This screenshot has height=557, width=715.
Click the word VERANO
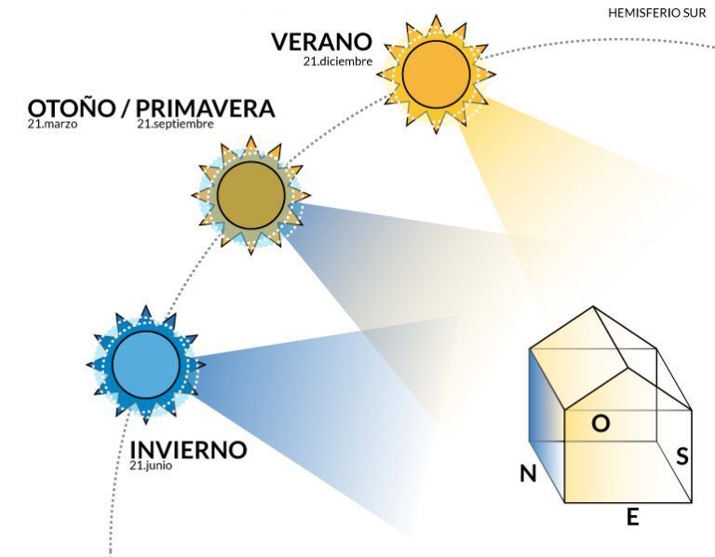click(x=322, y=42)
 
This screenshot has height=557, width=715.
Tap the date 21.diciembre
click(x=338, y=61)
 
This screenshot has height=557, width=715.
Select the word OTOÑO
click(x=72, y=108)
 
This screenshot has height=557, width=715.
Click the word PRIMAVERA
click(x=205, y=109)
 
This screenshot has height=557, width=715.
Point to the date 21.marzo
click(x=52, y=124)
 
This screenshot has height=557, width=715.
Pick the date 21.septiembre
click(x=176, y=124)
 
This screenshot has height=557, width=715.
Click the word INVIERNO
click(x=188, y=450)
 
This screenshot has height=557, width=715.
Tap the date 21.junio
click(x=151, y=466)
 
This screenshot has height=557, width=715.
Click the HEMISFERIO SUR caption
click(x=656, y=13)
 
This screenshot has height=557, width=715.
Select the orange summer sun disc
click(x=436, y=75)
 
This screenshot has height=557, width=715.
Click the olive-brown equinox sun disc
click(x=250, y=195)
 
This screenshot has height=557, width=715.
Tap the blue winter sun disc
click(x=146, y=365)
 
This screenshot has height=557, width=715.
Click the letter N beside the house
click(x=528, y=474)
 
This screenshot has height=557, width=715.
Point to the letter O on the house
click(x=600, y=423)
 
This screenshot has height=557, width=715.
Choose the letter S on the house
click(x=681, y=455)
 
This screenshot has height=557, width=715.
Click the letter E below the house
click(x=632, y=517)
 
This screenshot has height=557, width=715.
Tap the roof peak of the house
click(x=593, y=306)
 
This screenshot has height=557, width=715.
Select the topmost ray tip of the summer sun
click(x=436, y=16)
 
